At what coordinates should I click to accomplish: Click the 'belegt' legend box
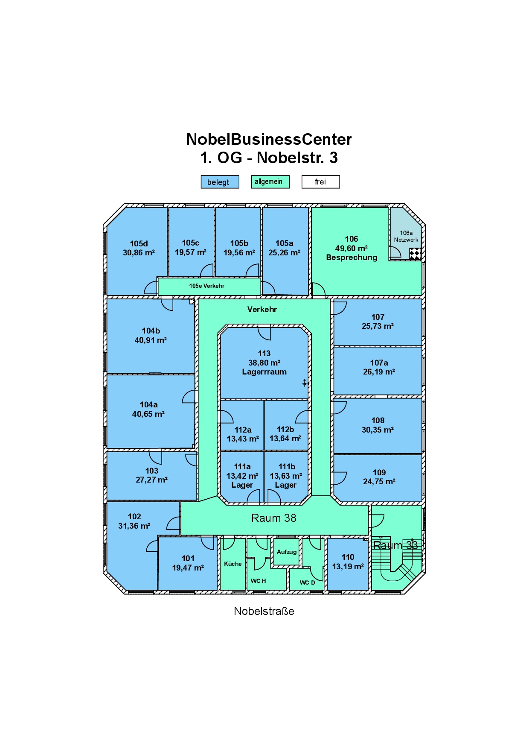point(220,182)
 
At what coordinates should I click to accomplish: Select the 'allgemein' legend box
point(270,182)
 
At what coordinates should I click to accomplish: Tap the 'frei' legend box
point(320,182)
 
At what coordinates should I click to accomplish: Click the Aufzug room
point(286,552)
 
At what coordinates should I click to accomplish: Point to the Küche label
point(233,564)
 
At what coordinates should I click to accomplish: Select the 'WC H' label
point(258,581)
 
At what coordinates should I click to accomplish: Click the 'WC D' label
point(307,582)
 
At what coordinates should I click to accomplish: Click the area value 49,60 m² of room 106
point(352,248)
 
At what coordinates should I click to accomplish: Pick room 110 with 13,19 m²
point(348,564)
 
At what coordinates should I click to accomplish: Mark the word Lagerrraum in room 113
point(264,372)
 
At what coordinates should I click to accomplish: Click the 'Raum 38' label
point(274,518)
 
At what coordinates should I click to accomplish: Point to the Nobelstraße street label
point(264,611)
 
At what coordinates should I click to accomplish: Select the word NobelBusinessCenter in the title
point(269,139)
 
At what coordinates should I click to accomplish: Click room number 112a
point(243,430)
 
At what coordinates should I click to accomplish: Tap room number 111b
point(287,466)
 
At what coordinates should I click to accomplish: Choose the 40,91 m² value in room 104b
point(151,340)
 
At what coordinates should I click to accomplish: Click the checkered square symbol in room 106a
point(415,254)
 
